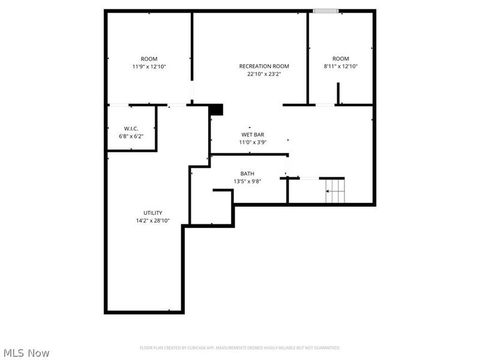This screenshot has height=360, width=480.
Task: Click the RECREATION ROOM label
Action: click(264, 66)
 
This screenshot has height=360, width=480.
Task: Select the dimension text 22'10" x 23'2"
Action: click(264, 74)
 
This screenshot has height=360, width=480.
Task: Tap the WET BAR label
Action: click(253, 134)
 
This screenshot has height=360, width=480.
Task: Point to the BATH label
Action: click(247, 173)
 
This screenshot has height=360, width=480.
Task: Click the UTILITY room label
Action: click(152, 213)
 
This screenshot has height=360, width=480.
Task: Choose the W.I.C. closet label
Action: click(131, 128)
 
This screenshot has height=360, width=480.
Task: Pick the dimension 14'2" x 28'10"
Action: click(152, 221)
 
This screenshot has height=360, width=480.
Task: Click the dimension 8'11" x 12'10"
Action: click(341, 67)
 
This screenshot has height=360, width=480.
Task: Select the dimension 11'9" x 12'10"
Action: click(149, 67)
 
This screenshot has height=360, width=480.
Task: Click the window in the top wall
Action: click(326, 10)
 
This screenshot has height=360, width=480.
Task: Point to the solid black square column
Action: click(216, 109)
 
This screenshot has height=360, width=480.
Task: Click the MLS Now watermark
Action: click(26, 353)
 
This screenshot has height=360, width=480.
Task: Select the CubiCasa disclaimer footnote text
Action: click(240, 348)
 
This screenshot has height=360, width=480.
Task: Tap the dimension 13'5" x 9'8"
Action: click(247, 181)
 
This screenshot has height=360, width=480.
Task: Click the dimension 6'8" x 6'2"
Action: click(131, 136)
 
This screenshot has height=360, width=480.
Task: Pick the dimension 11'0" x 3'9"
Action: click(253, 142)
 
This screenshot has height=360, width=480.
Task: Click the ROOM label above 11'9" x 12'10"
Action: click(149, 59)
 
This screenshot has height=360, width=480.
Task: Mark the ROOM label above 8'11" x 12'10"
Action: click(341, 59)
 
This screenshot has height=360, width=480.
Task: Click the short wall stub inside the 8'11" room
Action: click(338, 94)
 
